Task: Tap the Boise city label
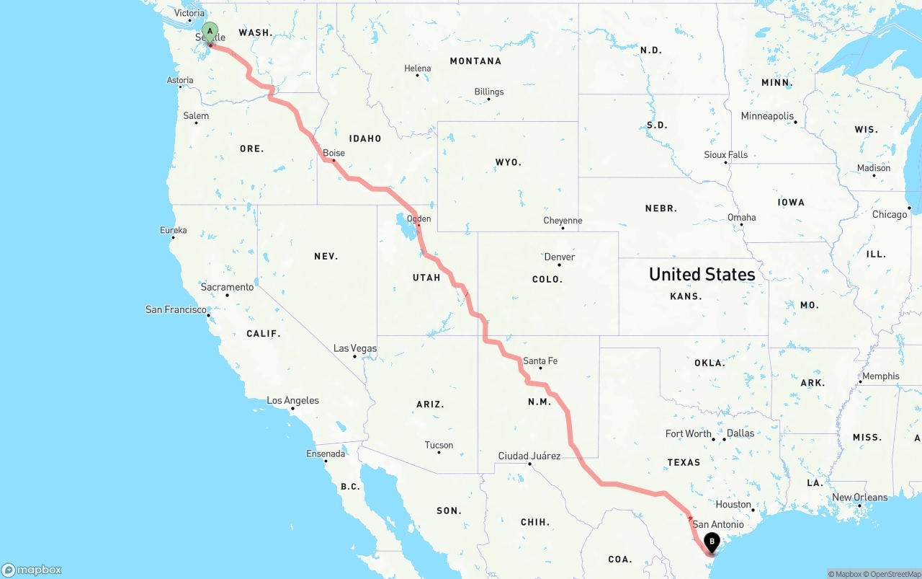334,153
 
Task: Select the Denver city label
560,257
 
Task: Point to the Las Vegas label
355,348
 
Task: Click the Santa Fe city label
540,361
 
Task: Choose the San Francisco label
176,309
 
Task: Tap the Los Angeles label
292,400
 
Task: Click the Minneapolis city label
767,116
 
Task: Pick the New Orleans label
860,497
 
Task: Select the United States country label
702,274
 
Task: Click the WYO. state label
509,162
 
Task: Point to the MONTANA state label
475,61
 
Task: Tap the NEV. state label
326,256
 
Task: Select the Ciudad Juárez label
529,456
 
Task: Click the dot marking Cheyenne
563,229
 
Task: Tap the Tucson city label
439,445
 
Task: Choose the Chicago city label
890,214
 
